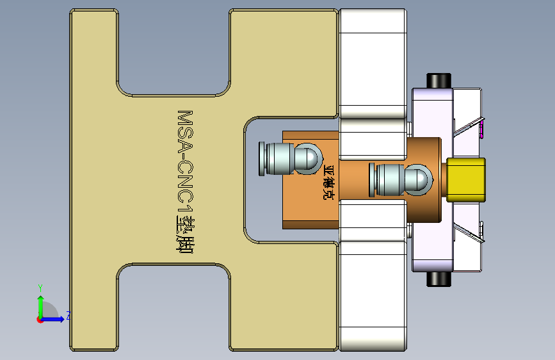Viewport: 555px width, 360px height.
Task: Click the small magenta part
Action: click(x=481, y=132)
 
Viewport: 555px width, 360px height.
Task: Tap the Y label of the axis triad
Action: click(x=40, y=288)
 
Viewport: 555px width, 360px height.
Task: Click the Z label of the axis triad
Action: click(x=68, y=316)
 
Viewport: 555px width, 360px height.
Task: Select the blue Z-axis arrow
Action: click(x=54, y=318)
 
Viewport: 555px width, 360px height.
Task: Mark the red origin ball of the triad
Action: click(x=40, y=319)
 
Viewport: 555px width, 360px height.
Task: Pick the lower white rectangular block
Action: click(x=372, y=295)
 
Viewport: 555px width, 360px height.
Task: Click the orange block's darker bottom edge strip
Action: click(x=310, y=224)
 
